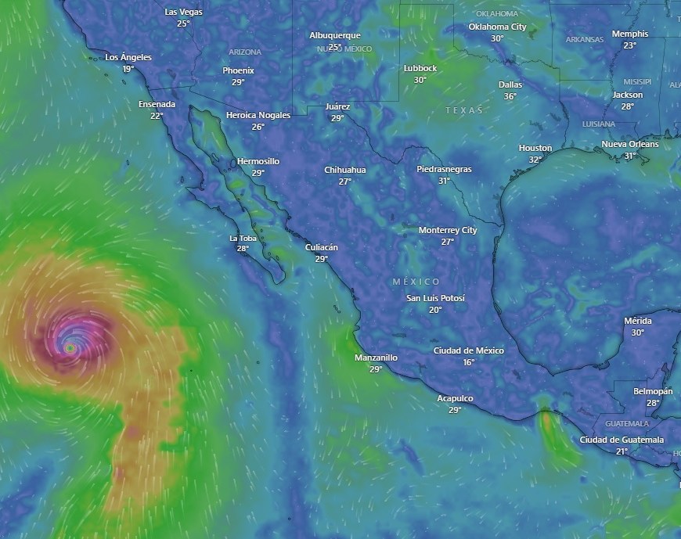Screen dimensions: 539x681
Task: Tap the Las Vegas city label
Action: coord(183,12)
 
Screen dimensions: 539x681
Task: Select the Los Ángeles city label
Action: coord(128,57)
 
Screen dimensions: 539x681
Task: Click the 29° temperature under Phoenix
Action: coord(238,82)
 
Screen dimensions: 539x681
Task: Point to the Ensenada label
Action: coord(157,104)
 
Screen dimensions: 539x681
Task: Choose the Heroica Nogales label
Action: coord(258,115)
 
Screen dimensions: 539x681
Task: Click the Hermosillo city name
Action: coord(258,161)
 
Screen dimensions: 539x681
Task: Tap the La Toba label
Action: coord(243,238)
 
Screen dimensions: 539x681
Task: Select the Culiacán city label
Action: coord(322,247)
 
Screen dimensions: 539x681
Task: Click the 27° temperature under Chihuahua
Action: coord(345,181)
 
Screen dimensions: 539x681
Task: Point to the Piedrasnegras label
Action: coord(444,169)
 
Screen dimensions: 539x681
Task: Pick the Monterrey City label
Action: coord(448,230)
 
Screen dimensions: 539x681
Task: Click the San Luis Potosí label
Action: coord(435,298)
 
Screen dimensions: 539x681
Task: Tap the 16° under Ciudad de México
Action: coord(469,362)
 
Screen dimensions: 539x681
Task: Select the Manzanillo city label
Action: coord(377,358)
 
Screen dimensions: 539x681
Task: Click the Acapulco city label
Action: coord(455,398)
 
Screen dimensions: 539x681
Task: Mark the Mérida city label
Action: coord(637,321)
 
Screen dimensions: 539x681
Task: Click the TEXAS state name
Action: coord(464,110)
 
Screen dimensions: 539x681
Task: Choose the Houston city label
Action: coord(535,148)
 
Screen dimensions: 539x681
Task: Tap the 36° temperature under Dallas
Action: coord(510,96)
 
